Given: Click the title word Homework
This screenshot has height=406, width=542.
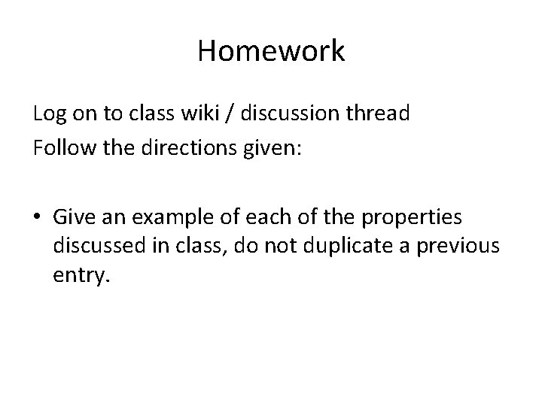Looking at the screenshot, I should point(271,52).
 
